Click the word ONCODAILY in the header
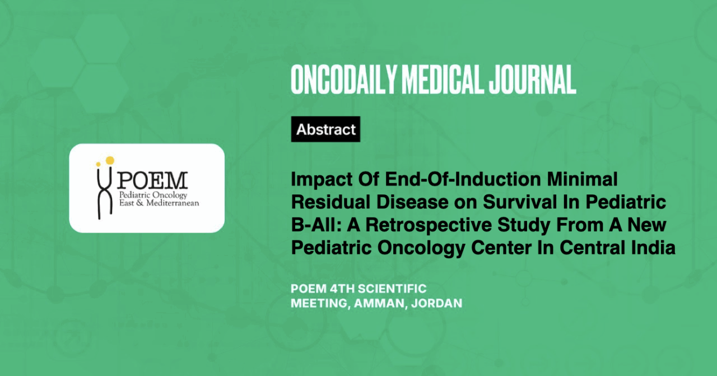[x=344, y=80]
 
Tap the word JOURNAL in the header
[x=532, y=80]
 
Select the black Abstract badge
[x=325, y=129]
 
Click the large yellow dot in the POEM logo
[x=110, y=160]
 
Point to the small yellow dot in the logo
[x=98, y=164]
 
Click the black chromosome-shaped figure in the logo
[x=105, y=193]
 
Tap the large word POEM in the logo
[x=152, y=180]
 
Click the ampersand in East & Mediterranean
[x=140, y=203]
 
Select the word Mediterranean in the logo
[x=173, y=203]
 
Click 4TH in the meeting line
[x=342, y=289]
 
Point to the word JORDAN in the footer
[x=436, y=303]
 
